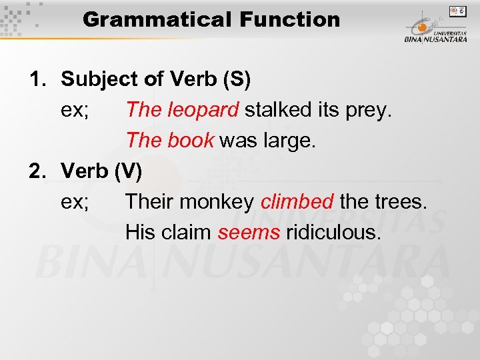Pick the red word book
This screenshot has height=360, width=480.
(x=191, y=140)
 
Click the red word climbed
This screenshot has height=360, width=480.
(x=297, y=201)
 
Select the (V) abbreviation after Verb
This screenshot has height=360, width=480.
(x=127, y=171)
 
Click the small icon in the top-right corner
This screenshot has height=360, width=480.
(x=458, y=11)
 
